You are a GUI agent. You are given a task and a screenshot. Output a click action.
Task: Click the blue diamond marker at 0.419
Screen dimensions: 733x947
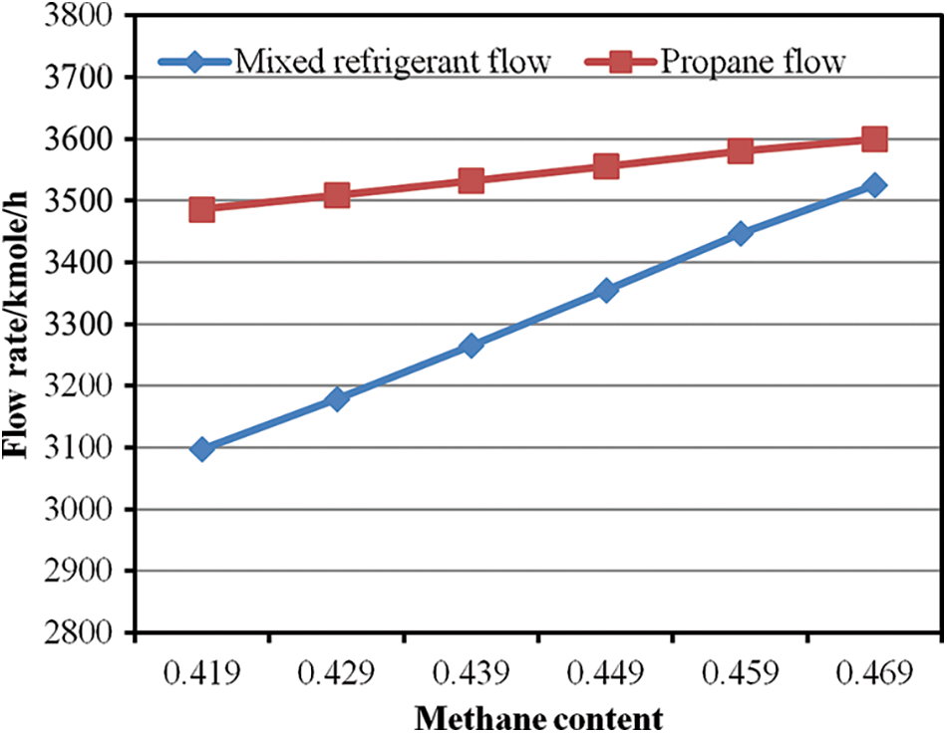click(202, 449)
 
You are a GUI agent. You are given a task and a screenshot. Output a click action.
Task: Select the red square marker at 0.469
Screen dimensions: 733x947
click(875, 138)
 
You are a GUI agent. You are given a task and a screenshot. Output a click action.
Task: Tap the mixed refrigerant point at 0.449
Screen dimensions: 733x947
click(606, 291)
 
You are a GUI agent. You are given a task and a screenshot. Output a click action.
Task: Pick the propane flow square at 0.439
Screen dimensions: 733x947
click(472, 181)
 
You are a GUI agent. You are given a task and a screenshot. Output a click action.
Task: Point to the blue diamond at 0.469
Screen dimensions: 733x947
click(875, 185)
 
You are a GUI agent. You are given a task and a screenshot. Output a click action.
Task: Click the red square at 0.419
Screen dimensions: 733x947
click(202, 209)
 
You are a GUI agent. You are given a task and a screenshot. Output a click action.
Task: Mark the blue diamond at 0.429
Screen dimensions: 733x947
click(337, 399)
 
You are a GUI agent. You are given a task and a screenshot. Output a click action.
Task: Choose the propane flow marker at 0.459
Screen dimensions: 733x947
click(741, 151)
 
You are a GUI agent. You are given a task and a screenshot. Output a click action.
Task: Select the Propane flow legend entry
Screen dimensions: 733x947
click(750, 62)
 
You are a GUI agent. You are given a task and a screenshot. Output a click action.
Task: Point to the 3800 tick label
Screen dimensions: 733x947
click(78, 16)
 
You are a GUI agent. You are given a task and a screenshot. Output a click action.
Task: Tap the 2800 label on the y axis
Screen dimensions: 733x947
click(78, 632)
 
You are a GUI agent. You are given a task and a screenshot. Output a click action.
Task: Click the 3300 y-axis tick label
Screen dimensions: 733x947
click(78, 325)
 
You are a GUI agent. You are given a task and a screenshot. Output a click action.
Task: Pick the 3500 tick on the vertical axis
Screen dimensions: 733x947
click(78, 201)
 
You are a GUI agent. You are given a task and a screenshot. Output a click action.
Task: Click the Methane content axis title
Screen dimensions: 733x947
click(538, 717)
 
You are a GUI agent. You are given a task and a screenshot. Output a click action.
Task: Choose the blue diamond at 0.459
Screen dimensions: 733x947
click(741, 234)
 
